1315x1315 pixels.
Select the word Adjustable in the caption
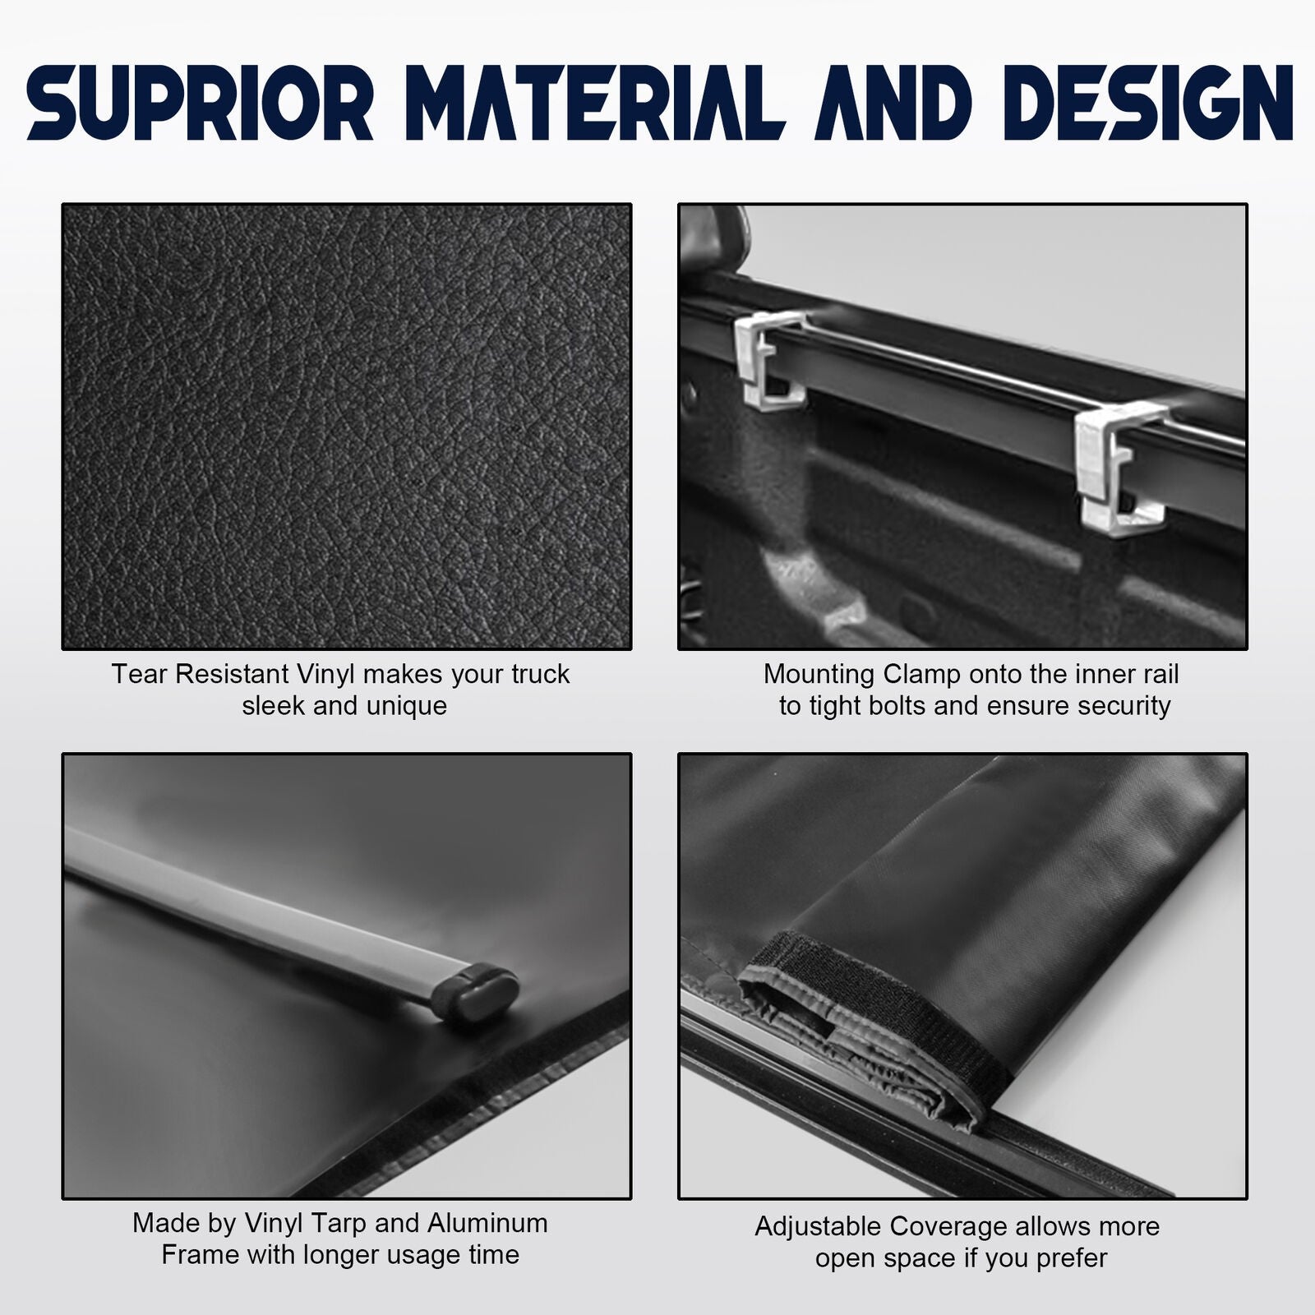819,1227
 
